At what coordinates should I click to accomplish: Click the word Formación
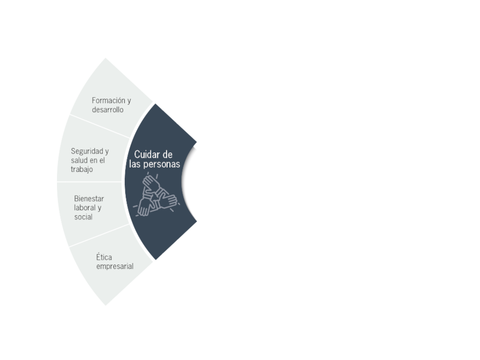pos(109,100)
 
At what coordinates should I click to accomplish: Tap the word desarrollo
pos(108,110)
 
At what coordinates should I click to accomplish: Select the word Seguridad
pos(87,151)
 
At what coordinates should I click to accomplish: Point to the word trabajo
pos(82,169)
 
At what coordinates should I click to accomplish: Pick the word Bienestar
pos(89,198)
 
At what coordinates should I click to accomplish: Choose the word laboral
pos(85,208)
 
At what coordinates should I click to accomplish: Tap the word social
pos(84,217)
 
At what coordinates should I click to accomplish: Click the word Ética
pos(104,256)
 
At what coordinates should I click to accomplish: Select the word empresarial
pos(115,266)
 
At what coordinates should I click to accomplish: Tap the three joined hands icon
pos(156,195)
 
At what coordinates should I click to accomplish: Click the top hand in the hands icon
pos(151,183)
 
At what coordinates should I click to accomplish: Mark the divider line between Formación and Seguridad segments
pos(99,126)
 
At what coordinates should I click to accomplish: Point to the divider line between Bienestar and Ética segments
pos(99,236)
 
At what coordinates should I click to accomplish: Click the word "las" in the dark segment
pos(135,164)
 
